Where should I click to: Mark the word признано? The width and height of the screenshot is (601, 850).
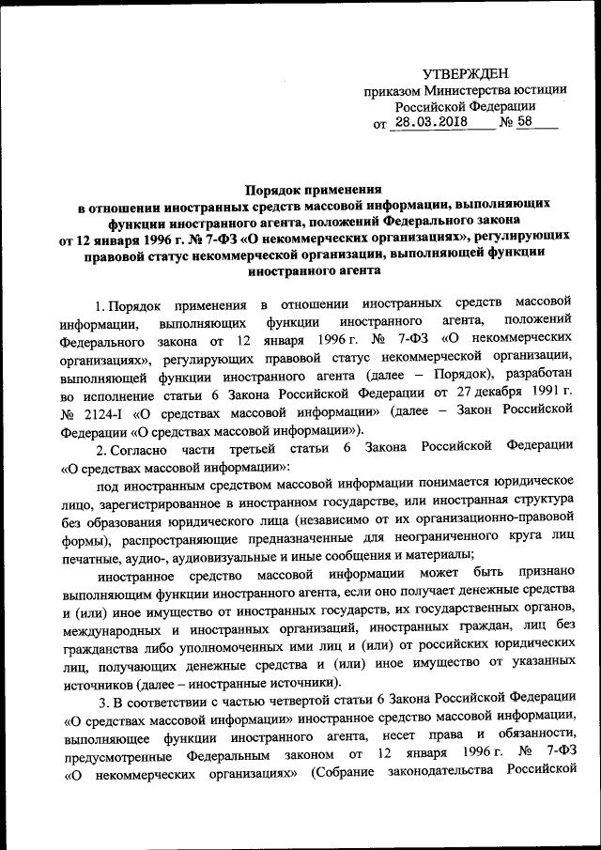543,576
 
